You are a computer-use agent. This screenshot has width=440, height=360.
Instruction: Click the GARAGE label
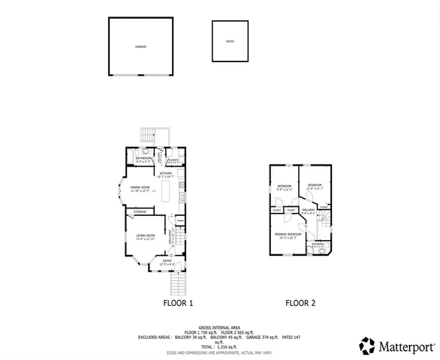pos(140,46)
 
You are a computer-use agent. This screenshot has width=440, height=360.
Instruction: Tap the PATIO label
pos(230,40)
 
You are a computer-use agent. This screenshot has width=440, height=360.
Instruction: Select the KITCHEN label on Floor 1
pos(166,173)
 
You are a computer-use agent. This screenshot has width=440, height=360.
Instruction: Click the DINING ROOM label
pos(140,187)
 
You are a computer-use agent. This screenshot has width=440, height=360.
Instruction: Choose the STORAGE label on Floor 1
pos(140,212)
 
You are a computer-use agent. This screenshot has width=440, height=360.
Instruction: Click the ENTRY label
pos(167,261)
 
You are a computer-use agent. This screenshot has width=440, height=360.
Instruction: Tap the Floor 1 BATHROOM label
pos(143,159)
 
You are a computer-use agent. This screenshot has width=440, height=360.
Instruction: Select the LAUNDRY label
pos(172,160)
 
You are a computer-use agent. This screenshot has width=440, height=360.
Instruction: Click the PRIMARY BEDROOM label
pos(288,235)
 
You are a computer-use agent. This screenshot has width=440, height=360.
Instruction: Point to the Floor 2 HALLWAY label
pos(308,210)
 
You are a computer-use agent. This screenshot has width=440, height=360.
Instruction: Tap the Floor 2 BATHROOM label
pos(318,244)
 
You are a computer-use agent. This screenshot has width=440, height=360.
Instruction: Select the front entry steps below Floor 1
pos(178,283)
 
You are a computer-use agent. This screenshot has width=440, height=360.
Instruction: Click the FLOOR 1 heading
pos(179,304)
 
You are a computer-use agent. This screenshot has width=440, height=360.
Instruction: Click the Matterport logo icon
pos(366,346)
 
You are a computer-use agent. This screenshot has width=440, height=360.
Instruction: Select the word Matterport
pos(406,346)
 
